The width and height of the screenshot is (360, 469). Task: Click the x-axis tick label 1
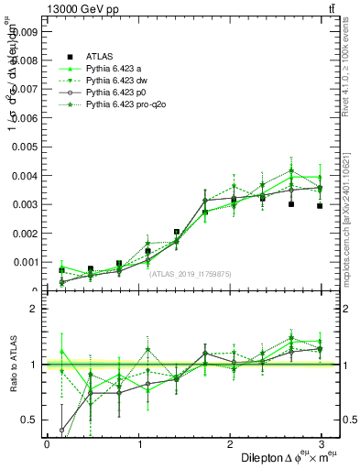pyautogui.click(x=140, y=443)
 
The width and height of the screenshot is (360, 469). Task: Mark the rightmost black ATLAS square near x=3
pyautogui.click(x=320, y=206)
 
